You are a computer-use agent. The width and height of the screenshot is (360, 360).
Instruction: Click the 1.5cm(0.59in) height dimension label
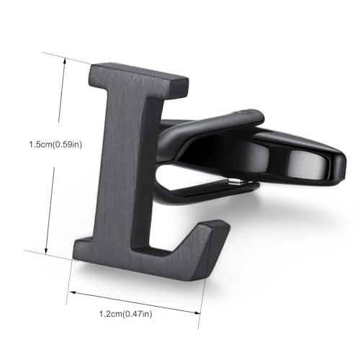tap(55, 145)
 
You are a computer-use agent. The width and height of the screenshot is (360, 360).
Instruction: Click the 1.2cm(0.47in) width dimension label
tap(126, 314)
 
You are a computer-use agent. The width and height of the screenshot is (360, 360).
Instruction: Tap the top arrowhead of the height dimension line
tap(64, 61)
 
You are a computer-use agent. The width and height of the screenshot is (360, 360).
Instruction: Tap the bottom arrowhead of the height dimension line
tap(47, 251)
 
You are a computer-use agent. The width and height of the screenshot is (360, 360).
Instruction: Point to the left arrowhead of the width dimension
tap(73, 292)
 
